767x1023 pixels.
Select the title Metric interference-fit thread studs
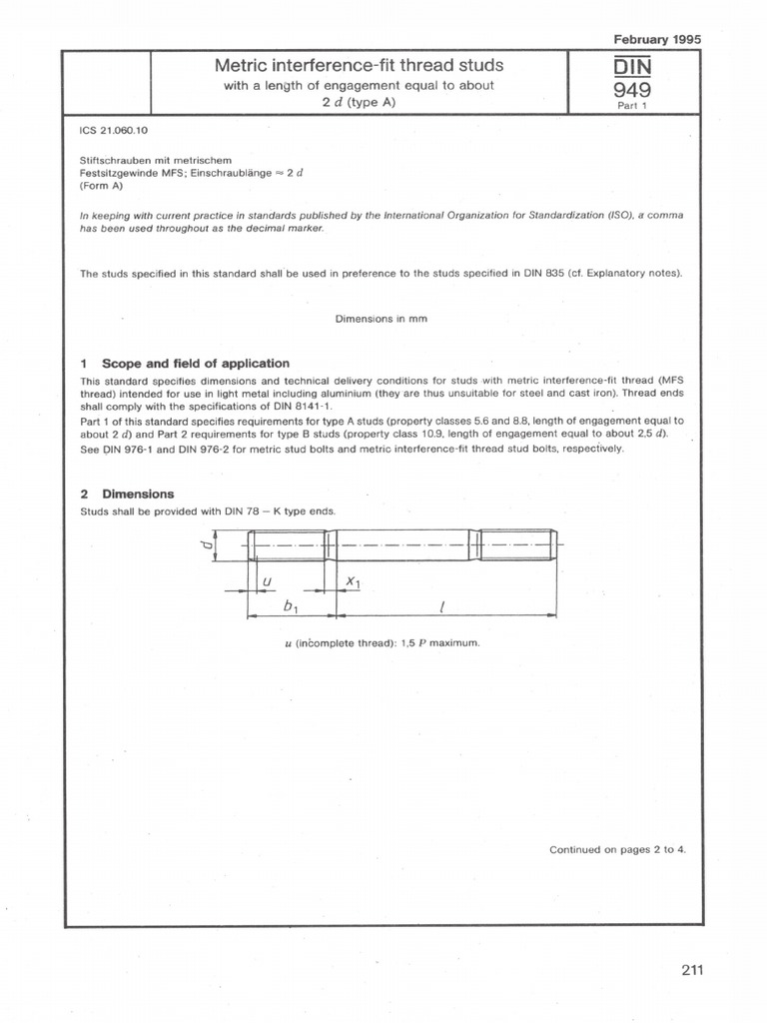point(360,66)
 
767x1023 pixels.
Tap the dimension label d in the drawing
point(206,544)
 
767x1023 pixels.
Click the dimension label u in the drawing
point(265,580)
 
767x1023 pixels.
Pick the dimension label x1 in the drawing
point(353,580)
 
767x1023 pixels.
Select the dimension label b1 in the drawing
point(292,605)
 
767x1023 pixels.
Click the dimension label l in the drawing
point(441,605)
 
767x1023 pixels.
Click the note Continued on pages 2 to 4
point(617,850)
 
